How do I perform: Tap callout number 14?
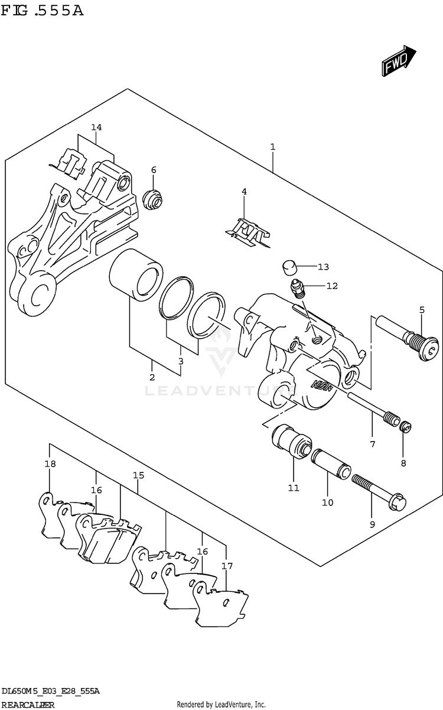coord(96,128)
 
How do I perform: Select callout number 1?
coord(272,146)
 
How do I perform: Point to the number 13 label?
coord(323,267)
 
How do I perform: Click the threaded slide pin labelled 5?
coord(413,341)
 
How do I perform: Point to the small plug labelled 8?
coord(405,427)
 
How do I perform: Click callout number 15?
coord(138,475)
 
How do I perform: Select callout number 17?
coord(227,566)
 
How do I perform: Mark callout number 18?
coord(50,464)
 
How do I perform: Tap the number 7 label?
coord(373,444)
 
